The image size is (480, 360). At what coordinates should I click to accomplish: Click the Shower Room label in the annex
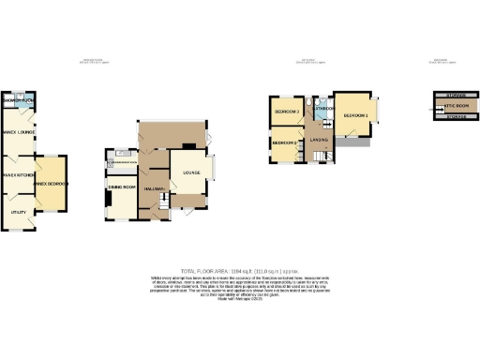(x=19, y=100)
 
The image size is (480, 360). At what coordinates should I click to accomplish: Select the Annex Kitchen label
(x=18, y=175)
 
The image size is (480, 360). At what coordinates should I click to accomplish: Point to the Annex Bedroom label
(x=50, y=184)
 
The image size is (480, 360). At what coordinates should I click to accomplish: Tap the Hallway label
(x=155, y=189)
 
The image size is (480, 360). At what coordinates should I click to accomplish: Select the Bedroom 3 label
(x=286, y=112)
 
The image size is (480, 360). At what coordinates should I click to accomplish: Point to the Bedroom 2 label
(x=284, y=142)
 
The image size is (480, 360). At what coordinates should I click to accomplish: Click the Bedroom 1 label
(x=354, y=115)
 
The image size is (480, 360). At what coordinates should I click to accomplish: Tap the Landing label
(x=320, y=141)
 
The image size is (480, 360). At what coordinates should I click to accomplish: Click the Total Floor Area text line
(x=239, y=269)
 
